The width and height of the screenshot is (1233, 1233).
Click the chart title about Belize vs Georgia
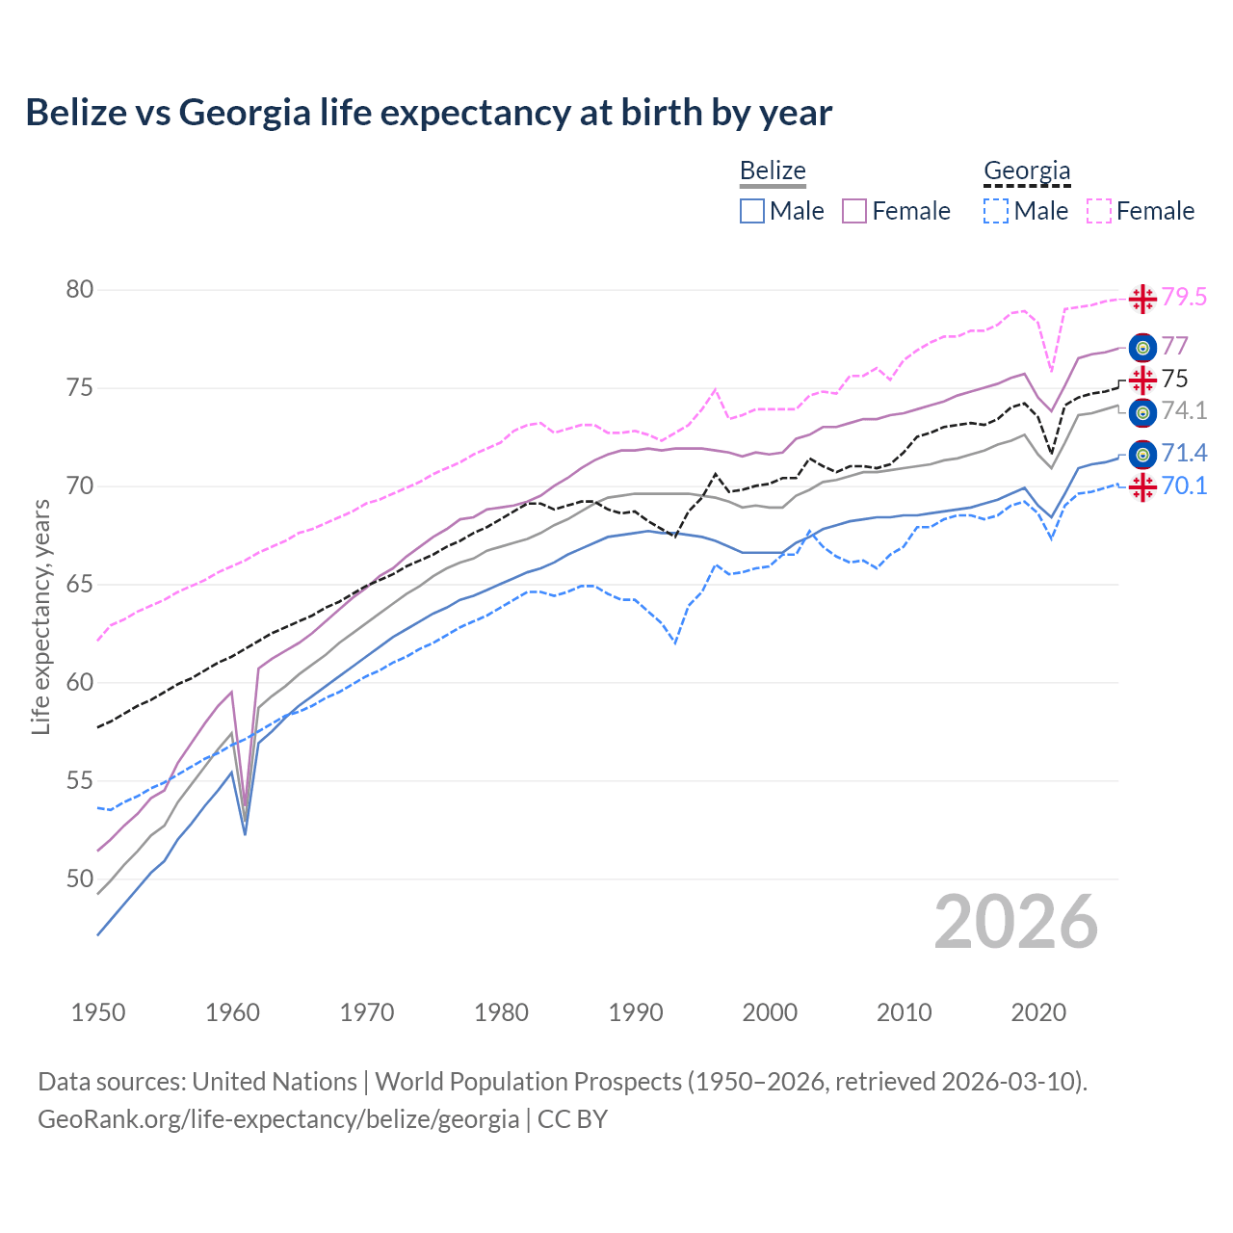pyautogui.click(x=429, y=113)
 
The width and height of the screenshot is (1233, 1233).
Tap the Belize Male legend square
pyautogui.click(x=752, y=211)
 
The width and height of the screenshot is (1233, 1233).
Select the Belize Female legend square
pyautogui.click(x=854, y=211)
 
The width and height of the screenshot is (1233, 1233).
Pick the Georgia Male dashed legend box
pyautogui.click(x=996, y=211)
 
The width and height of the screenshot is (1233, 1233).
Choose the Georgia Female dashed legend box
pyautogui.click(x=1098, y=211)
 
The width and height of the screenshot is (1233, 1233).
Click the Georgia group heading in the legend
pyautogui.click(x=1027, y=171)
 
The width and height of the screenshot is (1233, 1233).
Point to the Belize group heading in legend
pyautogui.click(x=773, y=171)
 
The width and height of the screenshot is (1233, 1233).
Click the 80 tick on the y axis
pyautogui.click(x=80, y=290)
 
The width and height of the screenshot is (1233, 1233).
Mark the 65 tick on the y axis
pyautogui.click(x=80, y=585)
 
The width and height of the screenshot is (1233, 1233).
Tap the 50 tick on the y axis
pyautogui.click(x=80, y=879)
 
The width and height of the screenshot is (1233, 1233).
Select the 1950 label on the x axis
pyautogui.click(x=98, y=1012)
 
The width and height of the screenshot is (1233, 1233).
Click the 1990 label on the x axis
pyautogui.click(x=636, y=1012)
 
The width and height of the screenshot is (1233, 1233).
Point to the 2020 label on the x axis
pyautogui.click(x=1038, y=1012)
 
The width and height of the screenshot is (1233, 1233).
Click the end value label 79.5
pyautogui.click(x=1184, y=298)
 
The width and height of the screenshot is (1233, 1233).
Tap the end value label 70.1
pyautogui.click(x=1184, y=486)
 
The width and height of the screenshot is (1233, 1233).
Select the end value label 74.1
pyautogui.click(x=1184, y=411)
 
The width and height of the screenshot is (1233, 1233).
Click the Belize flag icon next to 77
pyautogui.click(x=1142, y=347)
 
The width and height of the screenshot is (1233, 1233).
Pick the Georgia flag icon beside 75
pyautogui.click(x=1142, y=380)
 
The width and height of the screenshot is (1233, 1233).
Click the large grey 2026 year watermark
pyautogui.click(x=1016, y=922)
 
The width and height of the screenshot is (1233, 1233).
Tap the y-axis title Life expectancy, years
pyautogui.click(x=40, y=616)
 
